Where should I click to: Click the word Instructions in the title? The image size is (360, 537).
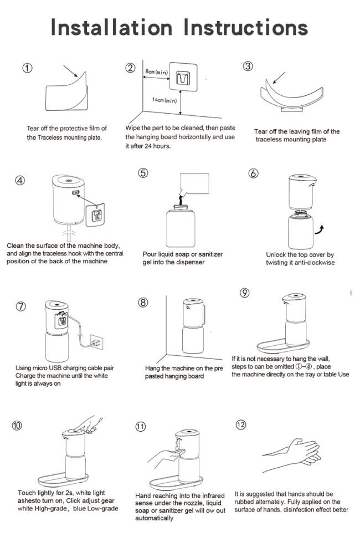[246, 27]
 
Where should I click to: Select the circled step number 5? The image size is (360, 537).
[143, 173]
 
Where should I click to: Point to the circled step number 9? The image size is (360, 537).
[245, 293]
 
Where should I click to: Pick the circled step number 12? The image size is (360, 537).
[240, 425]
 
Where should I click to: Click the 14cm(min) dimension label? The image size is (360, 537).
[164, 100]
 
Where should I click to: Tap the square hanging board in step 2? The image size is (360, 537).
[182, 80]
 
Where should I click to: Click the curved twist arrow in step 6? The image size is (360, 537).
[320, 230]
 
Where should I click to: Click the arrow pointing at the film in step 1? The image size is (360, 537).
[70, 71]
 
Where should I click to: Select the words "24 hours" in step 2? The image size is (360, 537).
[157, 146]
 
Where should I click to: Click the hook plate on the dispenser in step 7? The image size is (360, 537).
[62, 321]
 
